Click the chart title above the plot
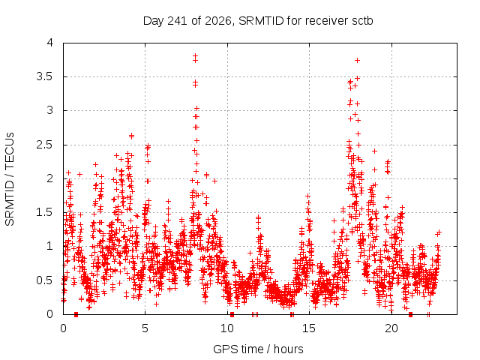pos(258,21)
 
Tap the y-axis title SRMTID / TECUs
pos(10,179)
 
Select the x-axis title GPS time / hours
pos(258,349)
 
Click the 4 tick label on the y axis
pos(50,43)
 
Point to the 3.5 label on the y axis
pos(45,76)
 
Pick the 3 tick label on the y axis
pos(50,110)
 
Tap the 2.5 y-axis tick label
pos(45,145)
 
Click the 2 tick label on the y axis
pos(50,178)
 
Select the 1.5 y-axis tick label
pos(45,212)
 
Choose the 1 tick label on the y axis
pos(50,246)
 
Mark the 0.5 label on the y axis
pos(45,280)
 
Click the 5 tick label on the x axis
pos(145,328)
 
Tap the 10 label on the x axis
pos(227,328)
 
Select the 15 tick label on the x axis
pos(309,328)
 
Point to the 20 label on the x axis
pos(391,328)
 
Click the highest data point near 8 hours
pos(195,55)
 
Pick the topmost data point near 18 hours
pos(357,60)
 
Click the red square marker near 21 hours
pos(410,314)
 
